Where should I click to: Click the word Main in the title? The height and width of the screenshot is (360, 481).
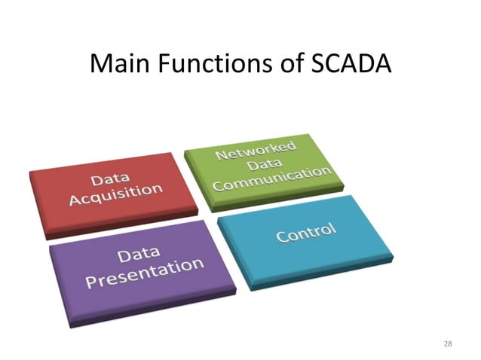pyautogui.click(x=119, y=65)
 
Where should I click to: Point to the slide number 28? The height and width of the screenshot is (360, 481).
pyautogui.click(x=448, y=343)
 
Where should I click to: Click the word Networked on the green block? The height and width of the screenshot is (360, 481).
pyautogui.click(x=256, y=148)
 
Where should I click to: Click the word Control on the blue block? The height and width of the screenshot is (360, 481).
pyautogui.click(x=305, y=232)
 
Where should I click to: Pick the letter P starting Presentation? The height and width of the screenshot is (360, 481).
pyautogui.click(x=92, y=283)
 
